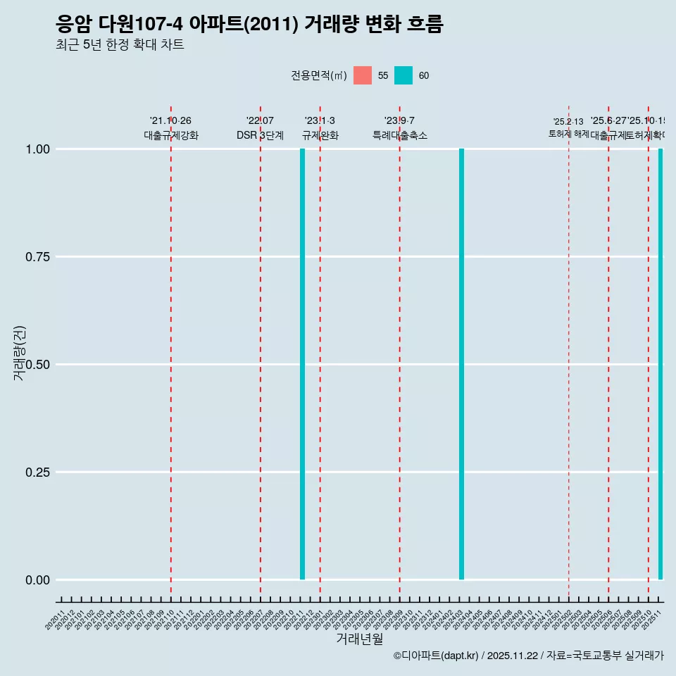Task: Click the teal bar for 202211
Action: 302,364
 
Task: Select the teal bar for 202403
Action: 461,364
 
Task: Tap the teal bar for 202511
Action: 661,364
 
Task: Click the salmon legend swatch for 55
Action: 363,75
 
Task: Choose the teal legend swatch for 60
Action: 403,75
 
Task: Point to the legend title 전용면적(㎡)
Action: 318,75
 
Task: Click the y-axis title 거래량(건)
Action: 20,353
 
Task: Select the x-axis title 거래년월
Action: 359,639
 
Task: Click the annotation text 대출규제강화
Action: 171,135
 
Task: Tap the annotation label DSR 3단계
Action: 260,135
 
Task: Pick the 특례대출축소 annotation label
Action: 400,135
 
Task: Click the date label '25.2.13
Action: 568,122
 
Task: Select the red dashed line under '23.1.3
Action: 320,352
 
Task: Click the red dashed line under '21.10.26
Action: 171,352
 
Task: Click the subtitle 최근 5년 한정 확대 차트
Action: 120,45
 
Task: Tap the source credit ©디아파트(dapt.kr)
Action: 437,656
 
